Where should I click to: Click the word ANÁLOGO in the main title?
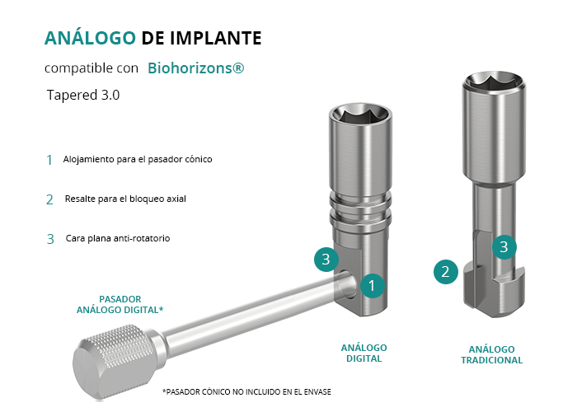pos(90,37)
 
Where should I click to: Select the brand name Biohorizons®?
pos(196,68)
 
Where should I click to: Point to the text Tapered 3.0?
pos(83,95)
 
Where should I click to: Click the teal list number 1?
pos(49,160)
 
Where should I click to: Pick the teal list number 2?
pos(49,199)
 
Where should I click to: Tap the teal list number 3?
pos(50,239)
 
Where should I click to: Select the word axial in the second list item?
pos(176,199)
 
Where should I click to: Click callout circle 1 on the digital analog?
pos(373,286)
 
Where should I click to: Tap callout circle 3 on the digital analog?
pos(326,260)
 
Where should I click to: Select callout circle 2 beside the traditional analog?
pos(446,272)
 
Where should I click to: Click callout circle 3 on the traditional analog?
pos(504,247)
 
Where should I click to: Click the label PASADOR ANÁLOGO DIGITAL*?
pos(120,305)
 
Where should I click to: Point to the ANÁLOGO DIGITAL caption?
pos(364,353)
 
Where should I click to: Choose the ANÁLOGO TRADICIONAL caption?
pos(491,354)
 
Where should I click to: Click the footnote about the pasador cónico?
pos(247,391)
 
